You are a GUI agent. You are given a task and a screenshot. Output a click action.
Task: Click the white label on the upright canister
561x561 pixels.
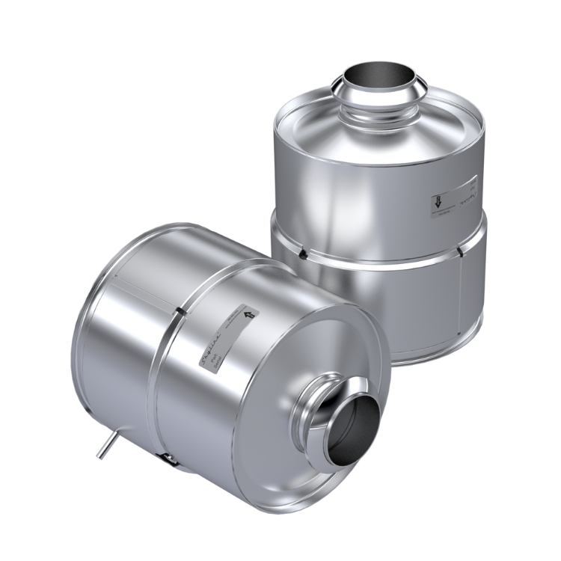pos(449,198)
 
